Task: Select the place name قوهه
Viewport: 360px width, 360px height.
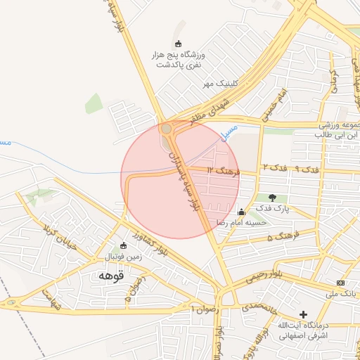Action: (111, 276)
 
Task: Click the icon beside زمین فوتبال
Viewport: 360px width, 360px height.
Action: (124, 245)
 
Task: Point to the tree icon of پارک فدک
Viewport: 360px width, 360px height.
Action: (272, 197)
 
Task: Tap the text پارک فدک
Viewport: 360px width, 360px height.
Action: (272, 209)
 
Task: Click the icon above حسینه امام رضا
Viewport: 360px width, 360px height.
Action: (242, 212)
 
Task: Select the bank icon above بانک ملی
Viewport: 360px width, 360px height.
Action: (341, 282)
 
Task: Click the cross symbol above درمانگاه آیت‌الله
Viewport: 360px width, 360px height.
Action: (303, 314)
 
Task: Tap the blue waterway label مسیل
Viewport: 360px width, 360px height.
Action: (229, 131)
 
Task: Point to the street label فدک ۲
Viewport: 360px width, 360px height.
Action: (274, 167)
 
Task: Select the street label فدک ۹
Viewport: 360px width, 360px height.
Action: (307, 169)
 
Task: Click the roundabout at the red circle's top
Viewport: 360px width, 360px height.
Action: (167, 129)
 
